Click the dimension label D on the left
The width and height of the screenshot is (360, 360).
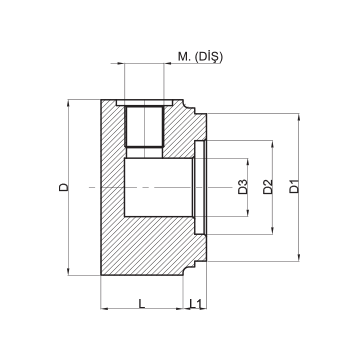coord(63,187)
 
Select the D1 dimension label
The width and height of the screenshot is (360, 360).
coord(294,186)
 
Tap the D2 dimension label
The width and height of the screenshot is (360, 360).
coord(268,187)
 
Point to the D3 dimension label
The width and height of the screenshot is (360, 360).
coord(243,187)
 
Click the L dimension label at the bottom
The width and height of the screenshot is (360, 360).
coord(142,303)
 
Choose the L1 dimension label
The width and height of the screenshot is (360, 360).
coord(196,303)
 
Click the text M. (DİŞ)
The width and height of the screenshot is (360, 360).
coord(200,57)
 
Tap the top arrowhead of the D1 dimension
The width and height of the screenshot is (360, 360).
coord(299,117)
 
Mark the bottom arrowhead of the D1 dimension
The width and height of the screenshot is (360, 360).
coord(299,258)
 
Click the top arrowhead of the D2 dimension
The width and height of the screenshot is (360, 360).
coord(273,144)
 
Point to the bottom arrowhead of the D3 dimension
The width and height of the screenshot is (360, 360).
coord(248,213)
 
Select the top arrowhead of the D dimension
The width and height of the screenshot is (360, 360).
coord(68,103)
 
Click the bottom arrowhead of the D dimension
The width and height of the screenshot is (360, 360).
coord(68,272)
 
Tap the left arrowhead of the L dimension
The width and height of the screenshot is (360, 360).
coord(104,309)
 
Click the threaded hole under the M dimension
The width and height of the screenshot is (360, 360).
coord(144,127)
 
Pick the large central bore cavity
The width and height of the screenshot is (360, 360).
coord(159,187)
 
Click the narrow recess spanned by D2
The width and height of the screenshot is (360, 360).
coord(200,187)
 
